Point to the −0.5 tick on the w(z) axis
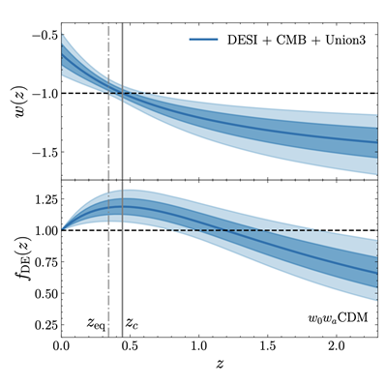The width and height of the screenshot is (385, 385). tap(43, 35)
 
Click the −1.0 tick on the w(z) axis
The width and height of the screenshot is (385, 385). tap(43, 93)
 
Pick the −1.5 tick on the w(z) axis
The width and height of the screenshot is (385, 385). tap(43, 152)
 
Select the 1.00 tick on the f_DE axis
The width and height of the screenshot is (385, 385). tap(42, 230)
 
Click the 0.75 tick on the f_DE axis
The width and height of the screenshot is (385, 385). tap(42, 261)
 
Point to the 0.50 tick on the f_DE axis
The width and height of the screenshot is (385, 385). tap(42, 292)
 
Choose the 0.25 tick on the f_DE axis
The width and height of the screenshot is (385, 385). tap(42, 323)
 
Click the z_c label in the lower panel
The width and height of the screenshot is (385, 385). tap(133, 322)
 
